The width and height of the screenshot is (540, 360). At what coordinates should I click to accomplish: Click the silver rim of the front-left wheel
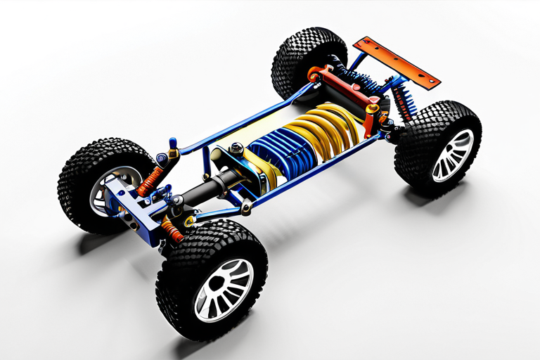click(x=105, y=190)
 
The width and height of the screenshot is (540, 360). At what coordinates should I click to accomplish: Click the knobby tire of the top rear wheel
click(x=302, y=56)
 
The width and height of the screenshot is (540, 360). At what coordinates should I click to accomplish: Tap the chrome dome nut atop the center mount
click(x=236, y=148)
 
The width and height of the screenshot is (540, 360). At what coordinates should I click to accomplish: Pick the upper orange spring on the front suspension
click(x=150, y=181)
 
